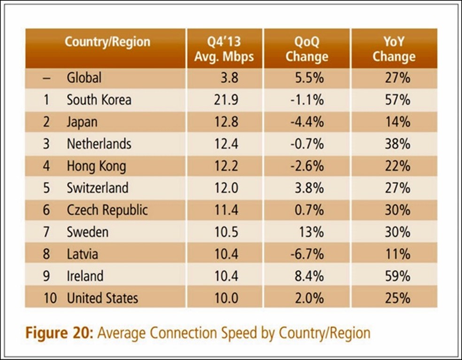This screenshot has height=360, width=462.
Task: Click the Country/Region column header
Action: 107,42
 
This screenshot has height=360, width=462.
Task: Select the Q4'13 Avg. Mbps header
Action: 224,49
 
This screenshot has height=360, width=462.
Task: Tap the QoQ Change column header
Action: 307,49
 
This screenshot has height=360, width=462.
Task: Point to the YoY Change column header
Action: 394,49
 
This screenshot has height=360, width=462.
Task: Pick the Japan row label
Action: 82,122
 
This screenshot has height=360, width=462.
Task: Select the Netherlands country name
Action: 99,144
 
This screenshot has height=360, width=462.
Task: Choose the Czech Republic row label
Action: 107,210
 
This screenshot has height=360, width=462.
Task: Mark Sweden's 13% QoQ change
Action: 311,232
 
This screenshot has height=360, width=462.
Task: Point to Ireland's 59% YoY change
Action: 397,276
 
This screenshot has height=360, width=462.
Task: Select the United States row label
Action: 102,298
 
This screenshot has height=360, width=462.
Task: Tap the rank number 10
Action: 49,298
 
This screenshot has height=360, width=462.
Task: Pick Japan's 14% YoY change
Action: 397,122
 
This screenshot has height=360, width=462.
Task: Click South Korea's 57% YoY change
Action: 397,100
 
